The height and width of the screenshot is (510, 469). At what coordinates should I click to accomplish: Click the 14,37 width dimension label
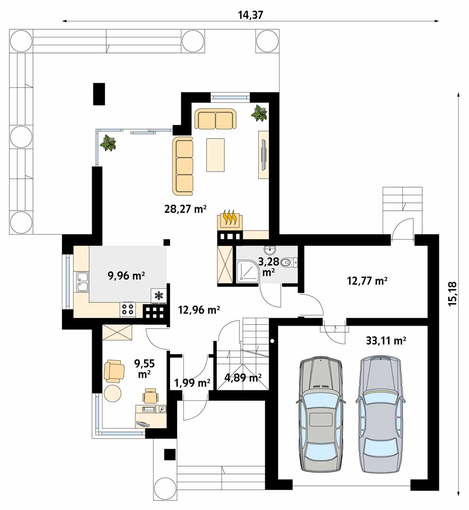[250, 15]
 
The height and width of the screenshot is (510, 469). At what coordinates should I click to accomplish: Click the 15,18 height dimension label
[452, 293]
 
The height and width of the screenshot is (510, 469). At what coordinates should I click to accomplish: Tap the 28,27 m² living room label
[185, 208]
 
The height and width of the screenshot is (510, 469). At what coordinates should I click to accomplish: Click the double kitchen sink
[82, 282]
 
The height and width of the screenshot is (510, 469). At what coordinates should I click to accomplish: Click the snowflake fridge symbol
[159, 296]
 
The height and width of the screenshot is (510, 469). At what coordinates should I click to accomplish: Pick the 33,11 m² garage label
[386, 340]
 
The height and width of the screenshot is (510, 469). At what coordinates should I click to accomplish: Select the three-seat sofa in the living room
[182, 166]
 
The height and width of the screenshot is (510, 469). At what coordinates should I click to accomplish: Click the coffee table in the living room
[215, 155]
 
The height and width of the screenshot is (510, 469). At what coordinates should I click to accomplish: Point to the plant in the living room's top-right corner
[259, 113]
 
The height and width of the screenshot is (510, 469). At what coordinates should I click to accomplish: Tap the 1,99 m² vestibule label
[192, 383]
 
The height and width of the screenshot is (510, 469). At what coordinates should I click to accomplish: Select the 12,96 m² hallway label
[199, 310]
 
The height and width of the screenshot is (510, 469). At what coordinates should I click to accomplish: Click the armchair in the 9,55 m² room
[114, 371]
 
